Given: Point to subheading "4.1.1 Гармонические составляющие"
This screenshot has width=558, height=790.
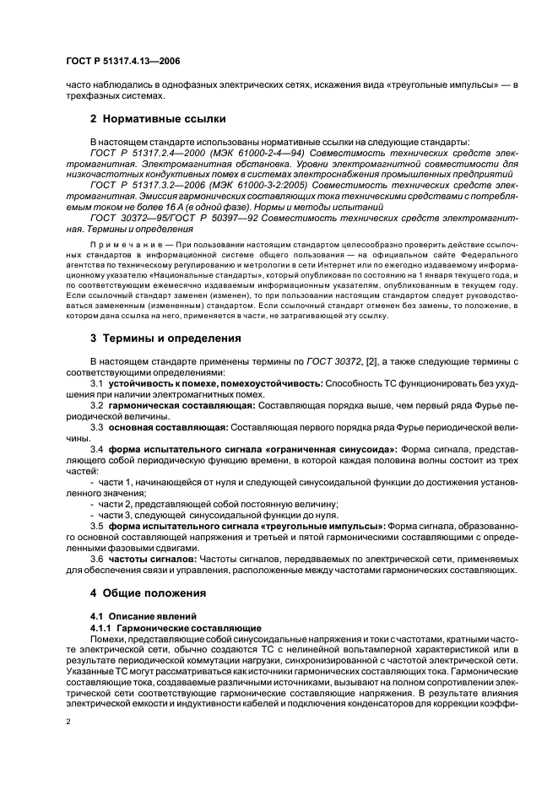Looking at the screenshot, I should point(176,628).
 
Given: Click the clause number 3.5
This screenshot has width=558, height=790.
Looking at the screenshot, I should point(96,526).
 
